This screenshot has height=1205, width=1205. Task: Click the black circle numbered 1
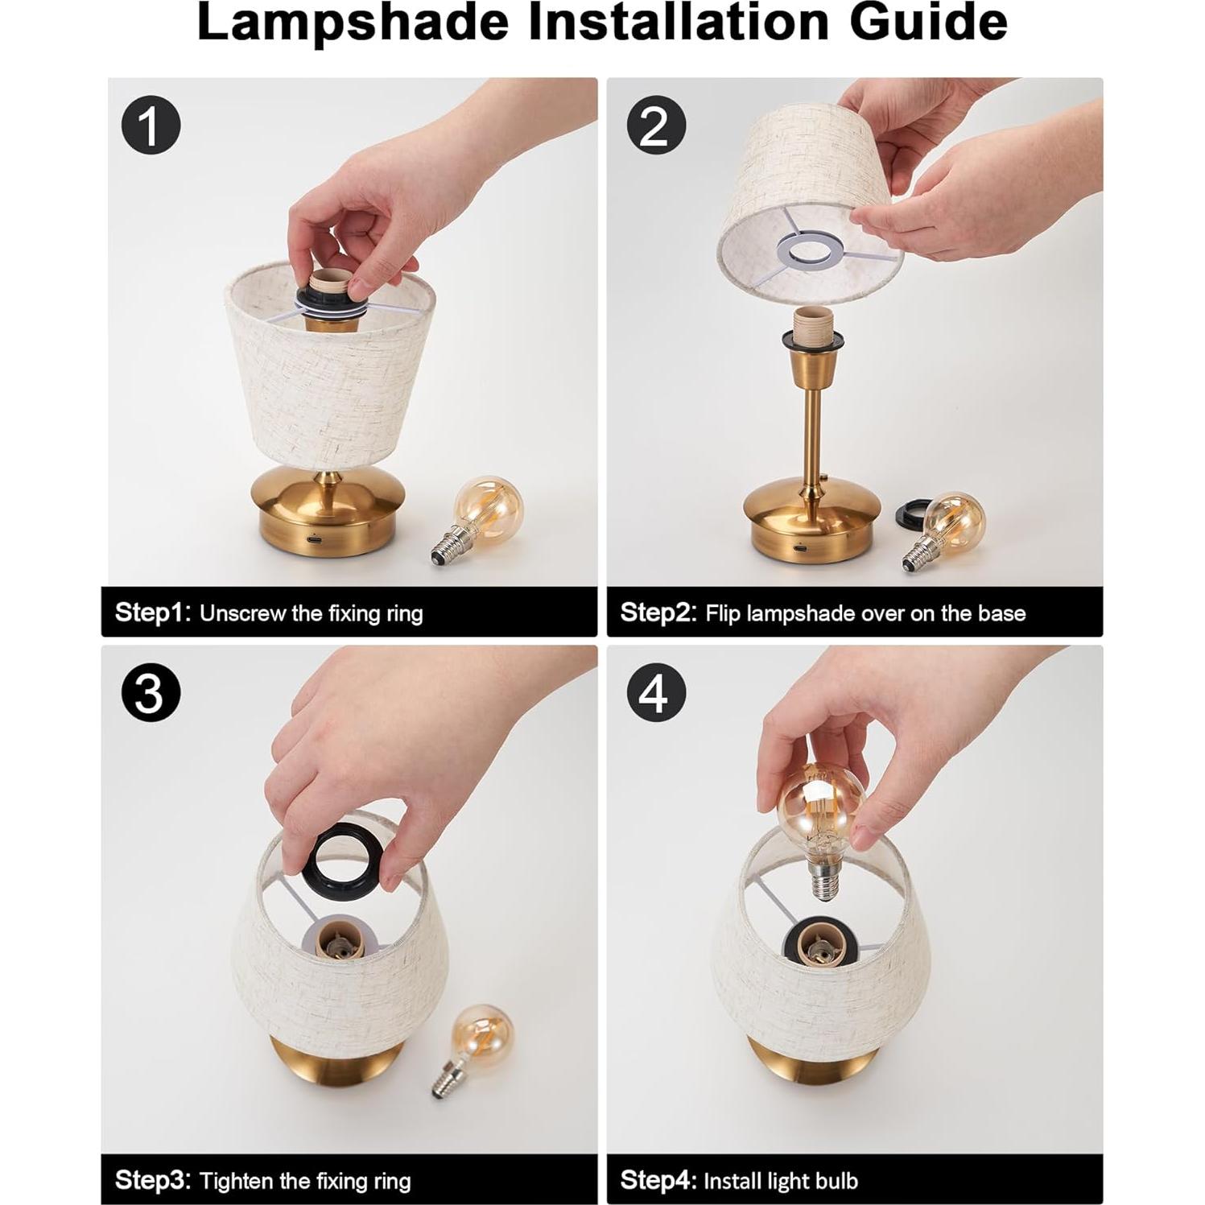(151, 126)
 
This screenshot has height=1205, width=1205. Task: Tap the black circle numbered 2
(655, 126)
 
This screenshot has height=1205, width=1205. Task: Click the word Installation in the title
(677, 22)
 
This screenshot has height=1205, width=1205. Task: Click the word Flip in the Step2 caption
(722, 613)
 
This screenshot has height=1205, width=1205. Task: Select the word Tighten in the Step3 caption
(237, 1181)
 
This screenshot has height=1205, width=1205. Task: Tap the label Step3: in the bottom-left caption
(153, 1181)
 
